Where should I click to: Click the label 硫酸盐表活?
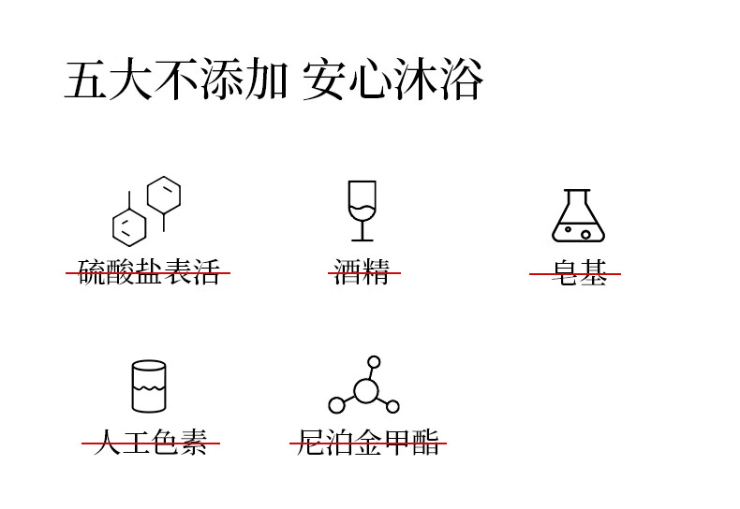coord(148,273)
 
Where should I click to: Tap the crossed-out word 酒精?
coord(363,273)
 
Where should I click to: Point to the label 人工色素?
coord(151,443)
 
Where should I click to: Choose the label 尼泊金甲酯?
coord(368,443)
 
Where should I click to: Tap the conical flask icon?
coord(578,217)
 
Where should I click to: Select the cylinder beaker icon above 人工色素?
coord(149,385)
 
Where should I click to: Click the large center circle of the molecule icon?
coord(366,390)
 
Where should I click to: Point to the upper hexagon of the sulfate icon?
coord(164,195)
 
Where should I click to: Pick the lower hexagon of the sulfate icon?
coord(129,227)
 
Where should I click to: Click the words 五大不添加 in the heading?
coord(175,80)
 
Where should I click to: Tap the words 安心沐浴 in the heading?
coord(392,80)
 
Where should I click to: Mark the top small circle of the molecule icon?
coord(374,362)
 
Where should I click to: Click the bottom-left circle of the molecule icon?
coord(337,405)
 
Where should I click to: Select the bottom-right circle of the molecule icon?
coord(392,406)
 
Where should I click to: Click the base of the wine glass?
coord(362,239)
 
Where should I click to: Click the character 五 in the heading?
coord(85,80)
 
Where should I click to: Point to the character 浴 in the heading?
coord(461,80)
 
